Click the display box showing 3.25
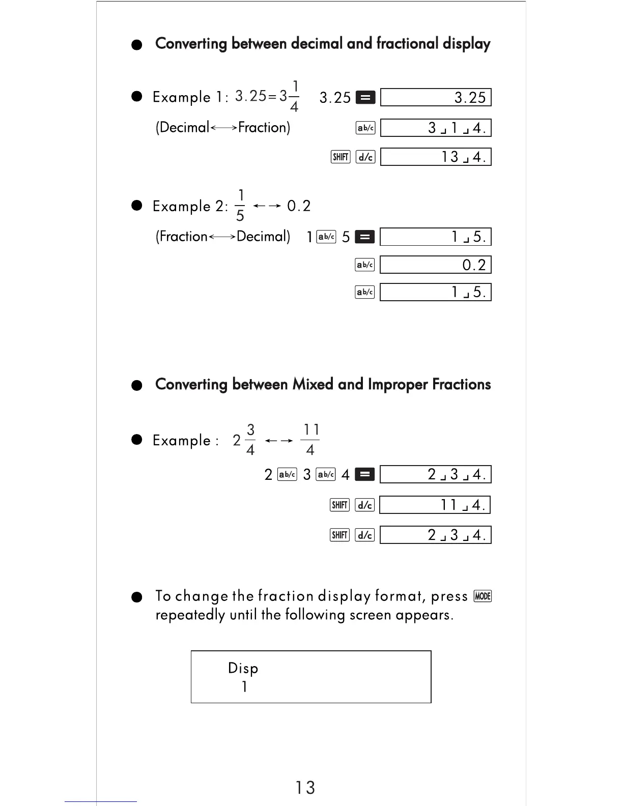click(x=436, y=97)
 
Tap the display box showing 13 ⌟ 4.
click(x=436, y=157)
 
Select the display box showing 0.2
click(x=436, y=265)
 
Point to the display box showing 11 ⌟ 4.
click(x=436, y=505)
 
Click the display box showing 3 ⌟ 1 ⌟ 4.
click(x=436, y=128)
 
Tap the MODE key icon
click(x=483, y=596)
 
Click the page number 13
click(x=305, y=788)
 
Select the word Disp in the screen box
click(x=243, y=668)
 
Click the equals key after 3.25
click(x=365, y=97)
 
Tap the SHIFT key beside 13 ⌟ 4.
click(x=341, y=157)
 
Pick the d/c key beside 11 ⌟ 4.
click(x=365, y=505)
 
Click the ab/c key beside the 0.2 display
click(x=364, y=265)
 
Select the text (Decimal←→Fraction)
click(x=223, y=127)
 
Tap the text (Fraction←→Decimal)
click(x=223, y=237)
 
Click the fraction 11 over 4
click(x=310, y=440)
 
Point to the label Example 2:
click(x=190, y=206)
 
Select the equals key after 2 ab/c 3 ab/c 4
click(x=364, y=475)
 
